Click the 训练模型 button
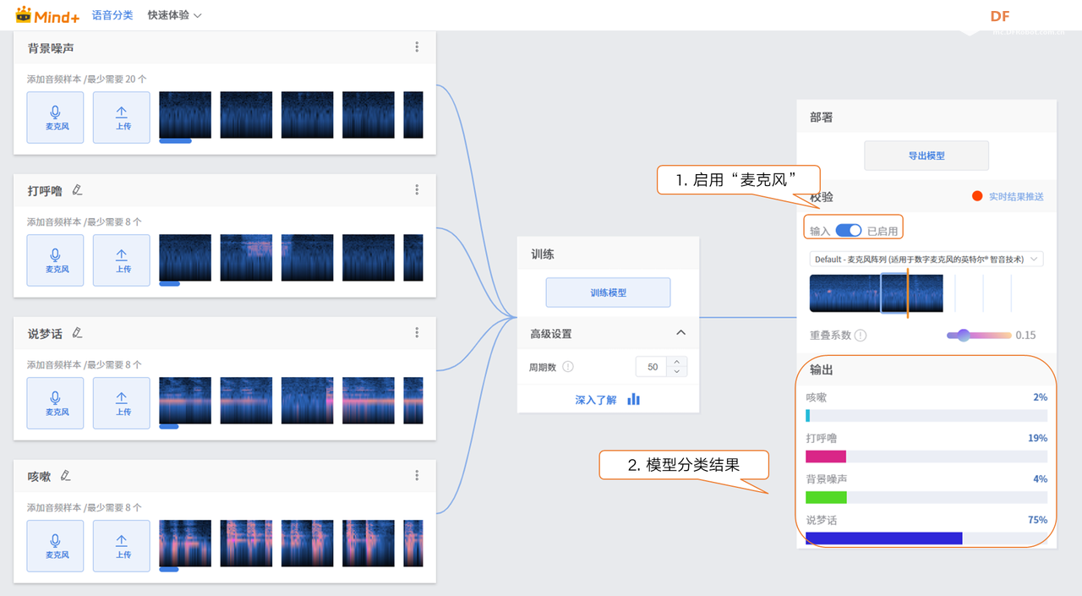(x=608, y=293)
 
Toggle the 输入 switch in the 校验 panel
(x=848, y=231)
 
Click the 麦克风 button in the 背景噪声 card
(x=56, y=118)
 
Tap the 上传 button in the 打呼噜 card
(x=122, y=260)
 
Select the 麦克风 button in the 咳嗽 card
(x=56, y=546)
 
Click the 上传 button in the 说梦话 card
(x=122, y=403)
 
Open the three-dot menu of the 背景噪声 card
(x=417, y=47)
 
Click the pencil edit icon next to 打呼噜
(x=78, y=190)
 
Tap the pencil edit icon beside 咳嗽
(x=66, y=476)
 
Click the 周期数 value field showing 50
(x=652, y=367)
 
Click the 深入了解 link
(x=596, y=400)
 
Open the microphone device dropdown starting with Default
(x=926, y=260)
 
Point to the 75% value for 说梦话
(x=1037, y=520)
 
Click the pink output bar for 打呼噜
(x=826, y=457)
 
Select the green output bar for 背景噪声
(x=826, y=497)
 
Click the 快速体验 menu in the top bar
(x=174, y=15)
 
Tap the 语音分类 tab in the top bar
(x=112, y=15)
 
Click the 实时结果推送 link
(x=1016, y=197)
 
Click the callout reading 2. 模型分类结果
(x=683, y=465)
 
